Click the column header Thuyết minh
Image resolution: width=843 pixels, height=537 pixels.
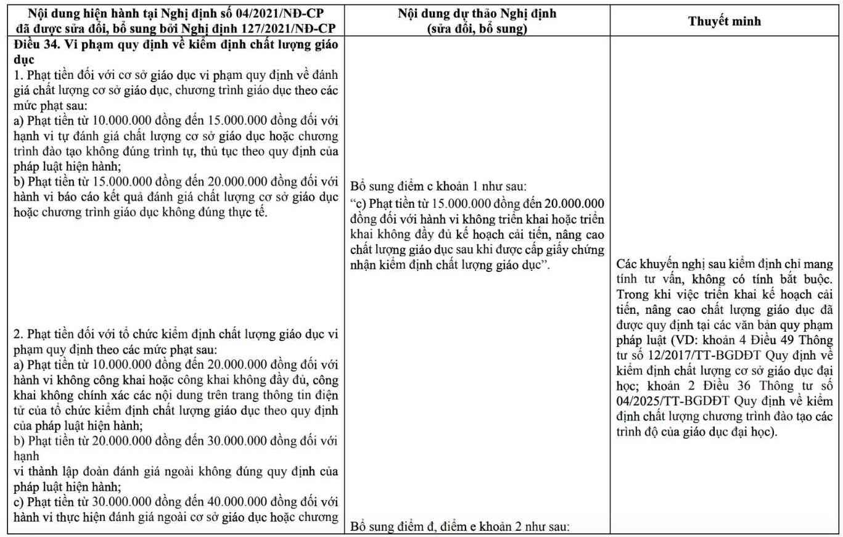(724, 21)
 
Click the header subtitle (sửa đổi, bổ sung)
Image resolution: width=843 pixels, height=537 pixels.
(477, 28)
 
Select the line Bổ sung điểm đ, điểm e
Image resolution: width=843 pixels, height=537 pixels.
(459, 527)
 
